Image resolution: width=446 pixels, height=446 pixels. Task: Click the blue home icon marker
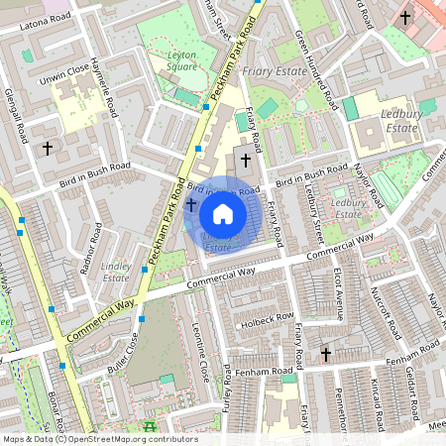click(223, 213)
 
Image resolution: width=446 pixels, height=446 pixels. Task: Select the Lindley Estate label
click(116, 273)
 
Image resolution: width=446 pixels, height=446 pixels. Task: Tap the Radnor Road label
click(95, 246)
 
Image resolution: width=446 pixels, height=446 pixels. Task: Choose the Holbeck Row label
click(273, 317)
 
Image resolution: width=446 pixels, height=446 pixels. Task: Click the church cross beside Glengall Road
click(46, 148)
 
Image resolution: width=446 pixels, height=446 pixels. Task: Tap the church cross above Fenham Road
click(325, 354)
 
